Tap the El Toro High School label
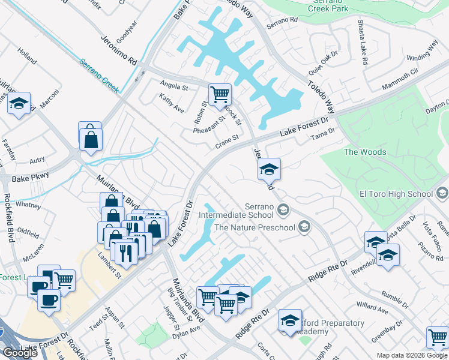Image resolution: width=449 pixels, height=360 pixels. click(396, 194)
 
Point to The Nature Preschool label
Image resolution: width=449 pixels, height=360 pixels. click(255, 227)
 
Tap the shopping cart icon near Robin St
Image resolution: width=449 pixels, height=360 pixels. click(220, 94)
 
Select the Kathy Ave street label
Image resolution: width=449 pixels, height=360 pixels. click(171, 103)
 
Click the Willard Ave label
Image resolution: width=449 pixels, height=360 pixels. click(372, 310)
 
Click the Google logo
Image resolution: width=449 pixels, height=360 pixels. click(20, 352)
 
